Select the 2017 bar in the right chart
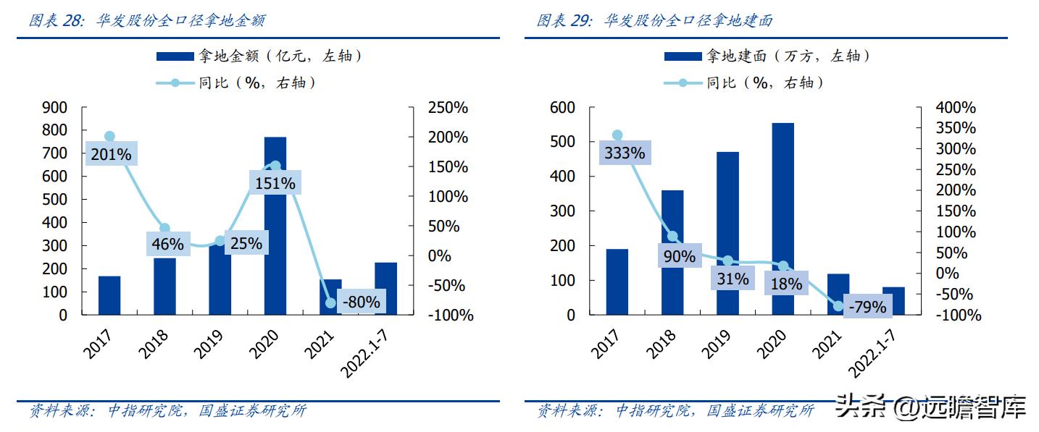click(x=617, y=282)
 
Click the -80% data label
click(x=360, y=302)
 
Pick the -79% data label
click(x=867, y=307)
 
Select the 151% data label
click(x=275, y=184)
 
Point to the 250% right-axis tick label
click(x=448, y=108)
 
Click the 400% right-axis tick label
click(x=956, y=108)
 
